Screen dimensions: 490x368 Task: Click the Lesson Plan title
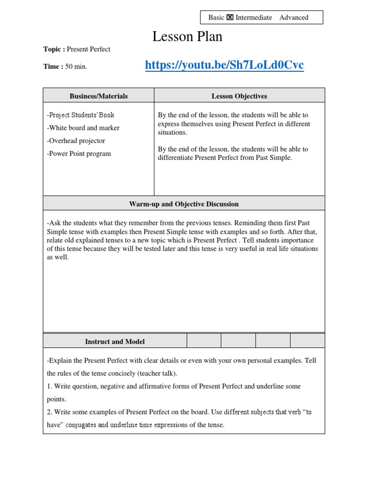(x=187, y=36)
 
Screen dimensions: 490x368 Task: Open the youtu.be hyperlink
(x=224, y=65)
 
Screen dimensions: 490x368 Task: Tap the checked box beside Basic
(x=230, y=18)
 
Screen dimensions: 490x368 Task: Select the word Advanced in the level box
(x=294, y=18)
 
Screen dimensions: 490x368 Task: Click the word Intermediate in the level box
(x=253, y=18)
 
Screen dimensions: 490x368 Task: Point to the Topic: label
(x=54, y=49)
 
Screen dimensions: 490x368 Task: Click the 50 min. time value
(x=76, y=67)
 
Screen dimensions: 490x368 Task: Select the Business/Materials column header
(x=99, y=96)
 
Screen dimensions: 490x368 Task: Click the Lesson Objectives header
(x=239, y=96)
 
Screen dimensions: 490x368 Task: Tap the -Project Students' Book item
(x=80, y=115)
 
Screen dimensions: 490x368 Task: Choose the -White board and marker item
(x=83, y=128)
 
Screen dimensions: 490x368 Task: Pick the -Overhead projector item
(x=76, y=141)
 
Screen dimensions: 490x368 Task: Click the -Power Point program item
(x=79, y=154)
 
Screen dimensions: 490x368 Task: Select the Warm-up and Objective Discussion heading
(x=184, y=204)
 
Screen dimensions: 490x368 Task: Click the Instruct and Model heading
(x=115, y=342)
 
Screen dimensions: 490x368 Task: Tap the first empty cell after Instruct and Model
(x=204, y=341)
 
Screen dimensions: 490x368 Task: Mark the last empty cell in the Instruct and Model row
(x=307, y=341)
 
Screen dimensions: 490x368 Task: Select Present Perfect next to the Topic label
(x=89, y=49)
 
